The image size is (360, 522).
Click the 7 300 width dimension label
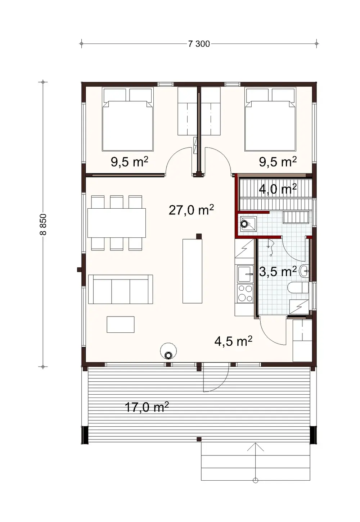(x=199, y=44)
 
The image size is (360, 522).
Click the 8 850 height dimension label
(x=43, y=225)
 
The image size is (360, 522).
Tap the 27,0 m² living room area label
(x=191, y=209)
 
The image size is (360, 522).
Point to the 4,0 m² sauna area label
(x=278, y=189)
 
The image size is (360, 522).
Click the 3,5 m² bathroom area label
(x=278, y=272)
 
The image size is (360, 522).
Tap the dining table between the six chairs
(x=117, y=223)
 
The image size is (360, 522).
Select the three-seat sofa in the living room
(x=121, y=289)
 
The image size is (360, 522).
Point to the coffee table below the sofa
(x=121, y=324)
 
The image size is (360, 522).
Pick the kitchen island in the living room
(x=192, y=271)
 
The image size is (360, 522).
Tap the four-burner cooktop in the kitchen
(x=245, y=293)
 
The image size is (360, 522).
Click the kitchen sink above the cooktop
(x=245, y=274)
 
